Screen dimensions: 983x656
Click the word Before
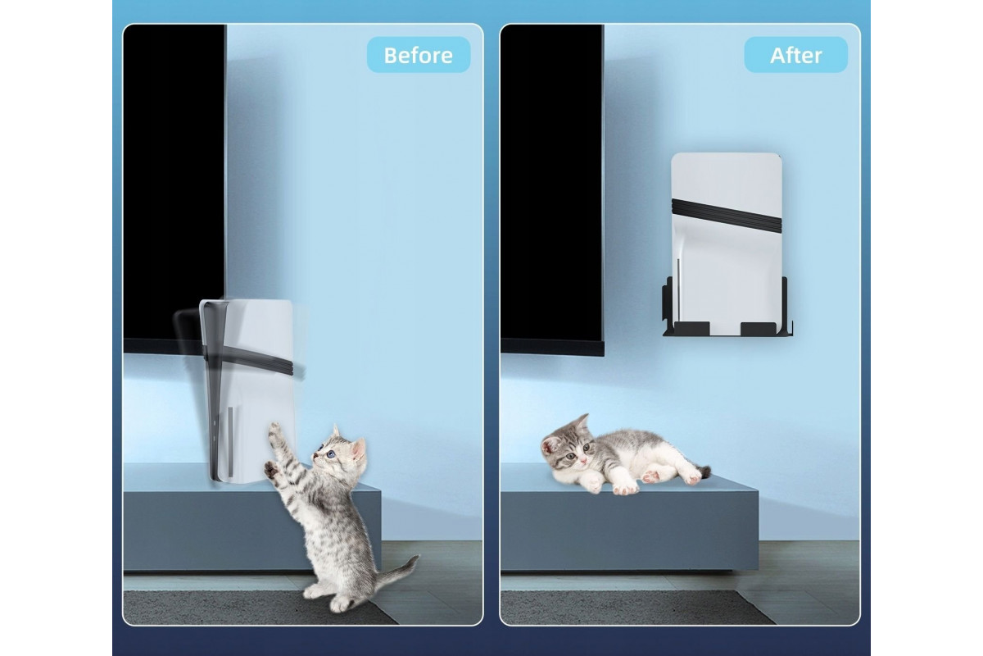point(419,56)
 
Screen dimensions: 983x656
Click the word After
point(796,56)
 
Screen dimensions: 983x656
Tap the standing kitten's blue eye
point(330,454)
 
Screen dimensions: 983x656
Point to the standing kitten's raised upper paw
point(274,430)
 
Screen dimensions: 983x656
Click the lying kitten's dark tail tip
point(706,471)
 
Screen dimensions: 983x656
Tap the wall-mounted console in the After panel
point(727,244)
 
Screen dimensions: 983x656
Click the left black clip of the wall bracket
point(691,328)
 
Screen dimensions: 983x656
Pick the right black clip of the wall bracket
point(759,328)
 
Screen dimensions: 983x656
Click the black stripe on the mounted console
point(727,216)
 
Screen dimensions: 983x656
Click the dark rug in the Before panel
point(259,607)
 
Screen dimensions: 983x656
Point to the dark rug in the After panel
point(636,607)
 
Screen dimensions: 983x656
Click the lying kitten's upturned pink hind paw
point(650,476)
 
